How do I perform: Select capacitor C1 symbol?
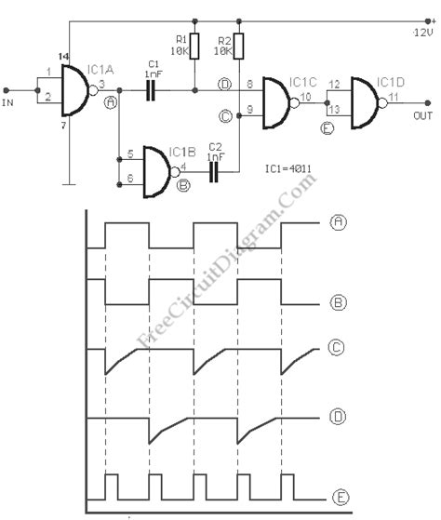(152, 89)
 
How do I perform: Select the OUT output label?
(422, 114)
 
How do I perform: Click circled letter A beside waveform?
(340, 222)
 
